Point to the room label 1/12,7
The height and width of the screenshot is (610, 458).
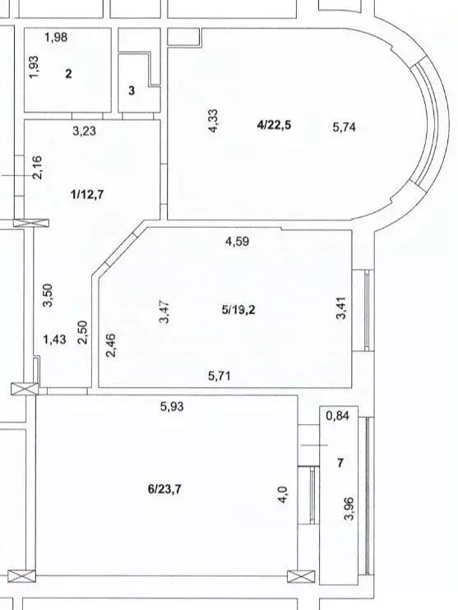pos(89,194)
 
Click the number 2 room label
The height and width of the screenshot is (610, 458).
pos(69,74)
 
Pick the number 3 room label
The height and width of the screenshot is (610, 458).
pos(132,90)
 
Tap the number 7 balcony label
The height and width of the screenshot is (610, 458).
pos(340,463)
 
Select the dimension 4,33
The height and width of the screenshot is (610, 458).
pos(213,122)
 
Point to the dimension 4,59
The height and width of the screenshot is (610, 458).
pos(238,242)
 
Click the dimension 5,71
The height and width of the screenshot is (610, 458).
pos(221,376)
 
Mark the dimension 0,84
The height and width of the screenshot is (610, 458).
pos(337,416)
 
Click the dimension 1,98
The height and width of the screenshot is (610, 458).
pos(56,37)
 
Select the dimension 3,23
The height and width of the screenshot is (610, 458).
pos(86,130)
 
